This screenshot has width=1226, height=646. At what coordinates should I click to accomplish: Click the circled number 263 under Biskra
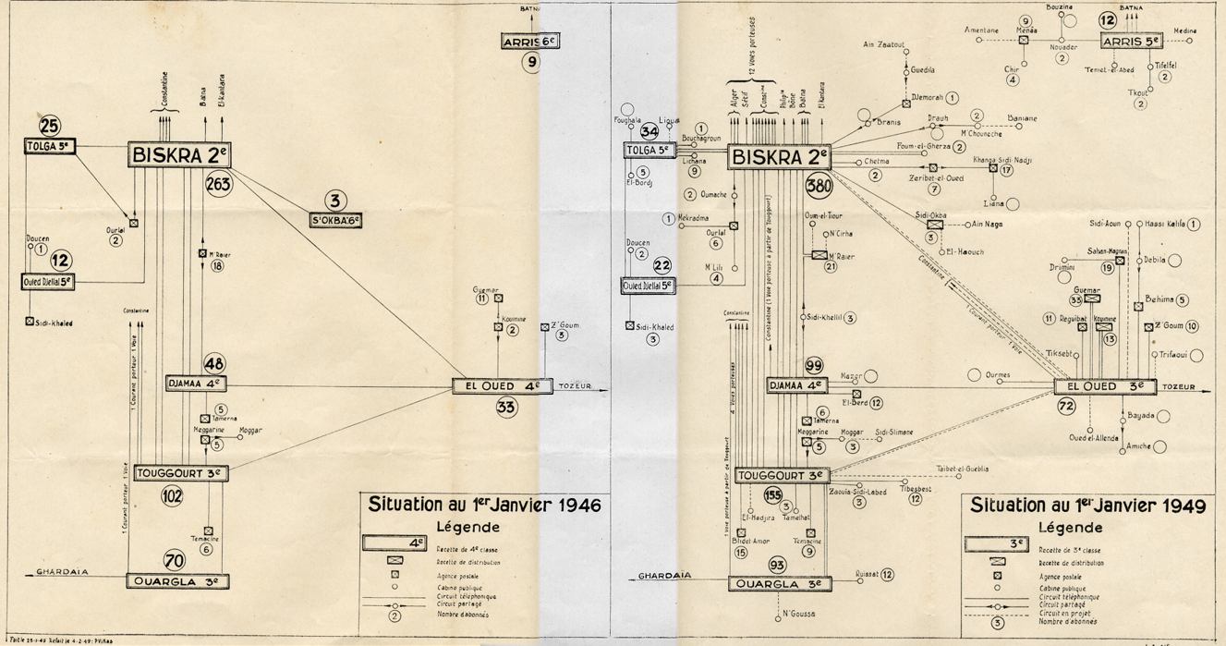point(219,183)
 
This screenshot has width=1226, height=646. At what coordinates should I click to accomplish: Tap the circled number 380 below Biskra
point(819,186)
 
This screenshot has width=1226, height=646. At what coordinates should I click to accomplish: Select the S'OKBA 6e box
point(335,221)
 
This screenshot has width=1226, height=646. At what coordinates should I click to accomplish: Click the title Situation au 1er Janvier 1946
point(484,506)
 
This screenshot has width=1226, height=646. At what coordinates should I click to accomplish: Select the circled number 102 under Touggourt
point(172,495)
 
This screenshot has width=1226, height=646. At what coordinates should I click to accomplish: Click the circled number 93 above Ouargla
point(777,565)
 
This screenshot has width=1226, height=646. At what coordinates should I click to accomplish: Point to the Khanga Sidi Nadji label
point(1001,160)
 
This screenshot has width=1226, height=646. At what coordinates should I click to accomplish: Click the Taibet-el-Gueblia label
point(962,469)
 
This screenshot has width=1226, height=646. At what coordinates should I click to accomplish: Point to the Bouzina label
point(1059,7)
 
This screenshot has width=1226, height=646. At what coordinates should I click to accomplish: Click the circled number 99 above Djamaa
point(814,365)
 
